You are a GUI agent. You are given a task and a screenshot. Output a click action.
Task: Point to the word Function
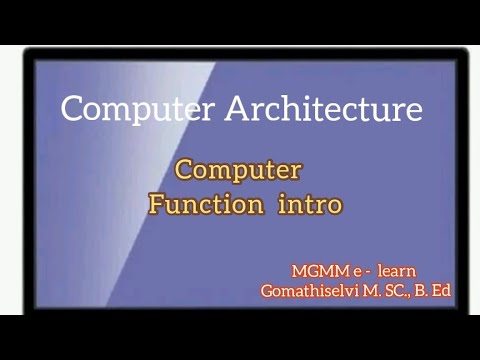206,205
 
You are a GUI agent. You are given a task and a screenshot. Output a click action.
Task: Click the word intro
311,205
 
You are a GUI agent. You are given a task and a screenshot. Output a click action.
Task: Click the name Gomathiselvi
314,291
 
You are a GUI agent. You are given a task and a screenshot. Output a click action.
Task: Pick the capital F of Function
157,205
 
